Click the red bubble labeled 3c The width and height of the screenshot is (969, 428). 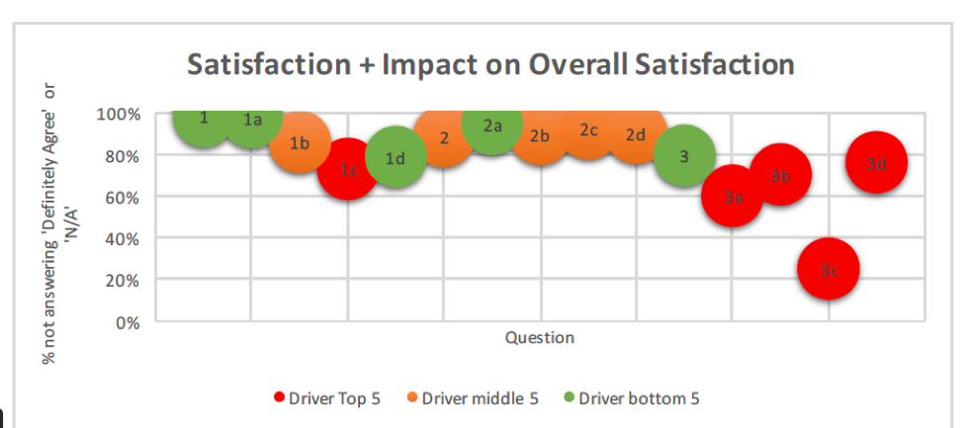pyautogui.click(x=829, y=269)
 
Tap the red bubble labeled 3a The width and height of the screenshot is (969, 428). pyautogui.click(x=732, y=196)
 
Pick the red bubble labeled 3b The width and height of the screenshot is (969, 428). pyautogui.click(x=780, y=176)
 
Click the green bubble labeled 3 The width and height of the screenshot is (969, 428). pyautogui.click(x=684, y=155)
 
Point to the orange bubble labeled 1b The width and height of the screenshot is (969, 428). pyautogui.click(x=300, y=143)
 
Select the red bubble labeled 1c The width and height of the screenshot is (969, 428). pyautogui.click(x=347, y=170)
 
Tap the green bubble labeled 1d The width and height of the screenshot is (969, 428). pyautogui.click(x=396, y=156)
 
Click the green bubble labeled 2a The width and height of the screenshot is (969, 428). pyautogui.click(x=492, y=127)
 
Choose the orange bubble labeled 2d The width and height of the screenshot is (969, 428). pyautogui.click(x=636, y=133)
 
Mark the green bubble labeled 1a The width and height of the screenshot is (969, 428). pyautogui.click(x=251, y=121)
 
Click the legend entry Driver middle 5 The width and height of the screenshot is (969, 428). pyautogui.click(x=474, y=399)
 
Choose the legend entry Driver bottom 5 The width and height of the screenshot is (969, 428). pyautogui.click(x=632, y=399)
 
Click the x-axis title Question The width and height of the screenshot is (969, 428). pyautogui.click(x=540, y=338)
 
